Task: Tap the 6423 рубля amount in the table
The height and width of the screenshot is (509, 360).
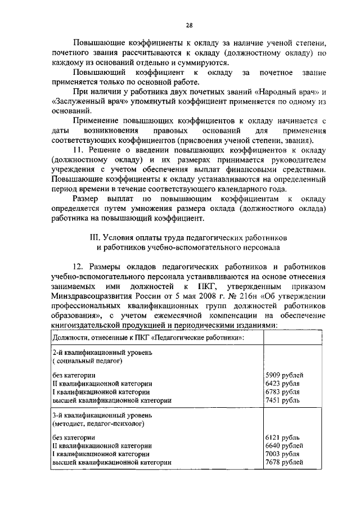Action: tap(282, 382)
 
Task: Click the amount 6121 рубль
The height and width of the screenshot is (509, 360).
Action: tap(282, 436)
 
